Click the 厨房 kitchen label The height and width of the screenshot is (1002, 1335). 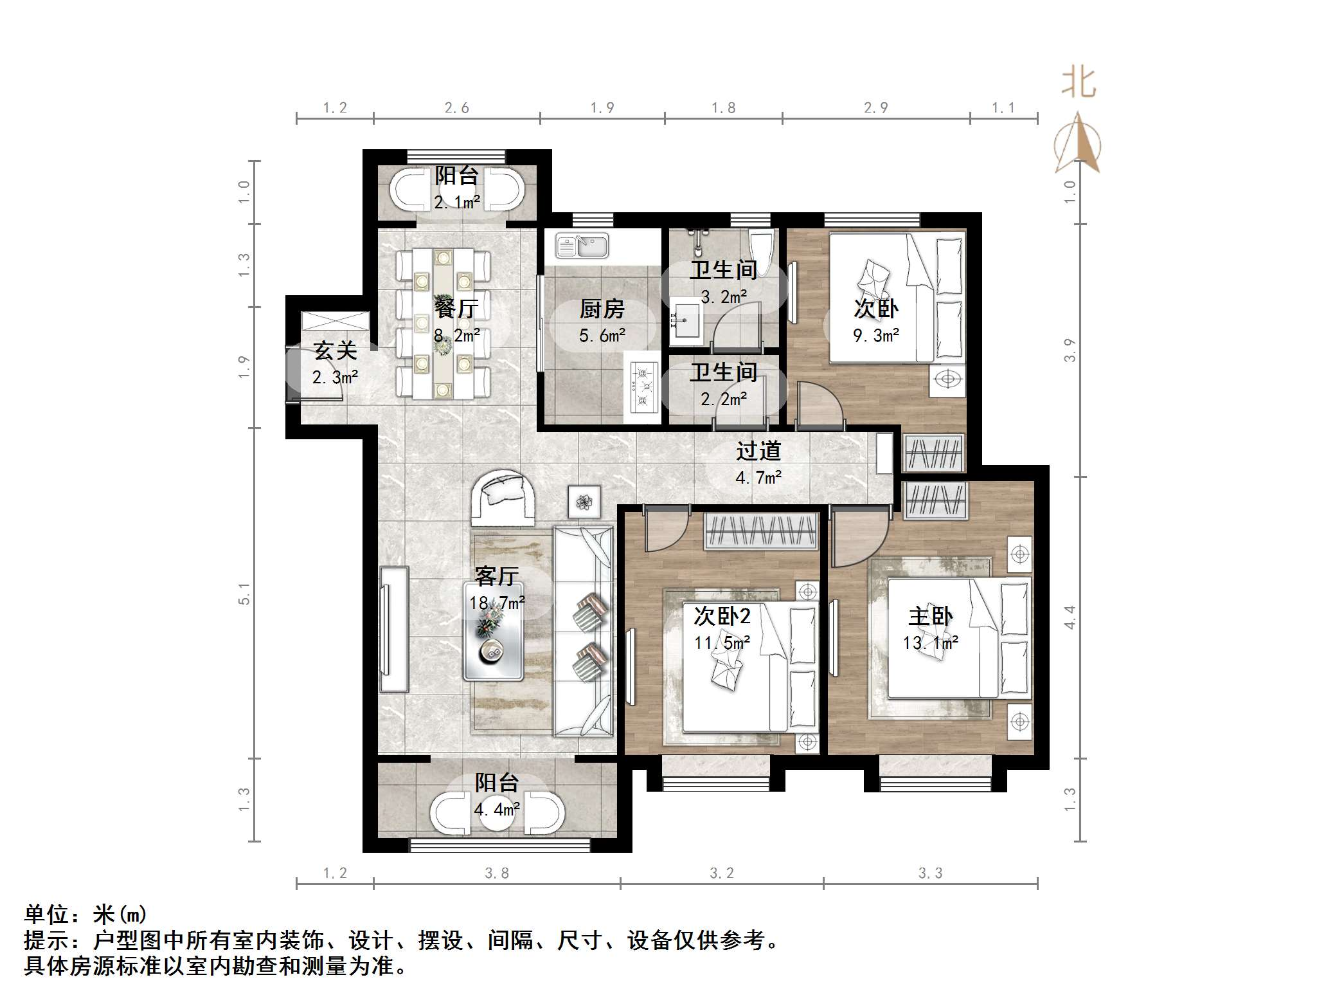(x=602, y=309)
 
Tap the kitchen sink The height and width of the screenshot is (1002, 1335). (x=582, y=246)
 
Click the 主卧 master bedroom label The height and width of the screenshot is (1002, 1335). (x=930, y=616)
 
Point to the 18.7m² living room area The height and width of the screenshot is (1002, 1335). (x=497, y=603)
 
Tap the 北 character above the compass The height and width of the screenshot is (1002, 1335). (x=1078, y=84)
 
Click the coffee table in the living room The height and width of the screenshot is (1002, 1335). (x=493, y=631)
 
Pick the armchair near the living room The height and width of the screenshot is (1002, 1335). (x=503, y=498)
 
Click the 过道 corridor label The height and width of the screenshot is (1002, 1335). (x=758, y=450)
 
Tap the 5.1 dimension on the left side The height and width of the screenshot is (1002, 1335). (x=244, y=594)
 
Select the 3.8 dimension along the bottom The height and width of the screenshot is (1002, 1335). (x=496, y=873)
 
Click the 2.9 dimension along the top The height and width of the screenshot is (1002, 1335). (x=875, y=108)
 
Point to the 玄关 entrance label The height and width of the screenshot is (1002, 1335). (x=335, y=351)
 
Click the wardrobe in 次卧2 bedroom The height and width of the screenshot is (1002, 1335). (x=761, y=531)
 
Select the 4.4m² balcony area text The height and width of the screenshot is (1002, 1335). (x=497, y=809)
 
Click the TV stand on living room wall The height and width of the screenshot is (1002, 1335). (x=393, y=629)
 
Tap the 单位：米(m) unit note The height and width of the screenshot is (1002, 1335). (x=85, y=914)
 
